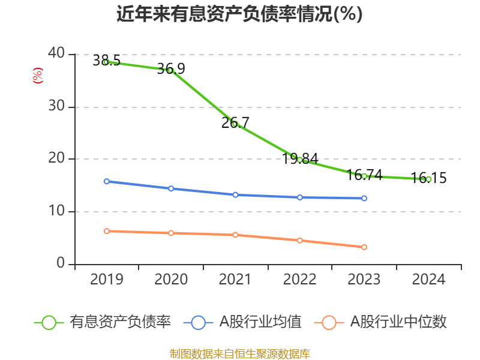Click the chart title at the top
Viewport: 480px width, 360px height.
(x=239, y=14)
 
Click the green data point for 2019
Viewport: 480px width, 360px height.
(x=106, y=62)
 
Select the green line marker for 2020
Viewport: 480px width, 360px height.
(x=170, y=70)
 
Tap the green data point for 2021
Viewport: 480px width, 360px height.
(x=235, y=124)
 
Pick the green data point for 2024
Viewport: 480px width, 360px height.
(x=428, y=179)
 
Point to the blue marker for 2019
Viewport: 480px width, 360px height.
(x=106, y=181)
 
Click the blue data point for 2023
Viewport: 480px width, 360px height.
(x=364, y=198)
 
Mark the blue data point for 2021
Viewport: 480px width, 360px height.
(x=235, y=194)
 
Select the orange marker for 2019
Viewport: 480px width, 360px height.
(x=106, y=231)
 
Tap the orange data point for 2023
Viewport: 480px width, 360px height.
(x=364, y=247)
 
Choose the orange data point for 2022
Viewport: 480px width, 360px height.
(x=299, y=240)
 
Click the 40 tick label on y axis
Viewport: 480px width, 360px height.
(x=57, y=54)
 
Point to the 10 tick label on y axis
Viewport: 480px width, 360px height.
(x=57, y=211)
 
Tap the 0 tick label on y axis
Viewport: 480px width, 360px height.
(x=61, y=263)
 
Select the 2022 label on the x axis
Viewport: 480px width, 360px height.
(x=299, y=280)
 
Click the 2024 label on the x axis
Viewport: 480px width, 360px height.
(x=428, y=280)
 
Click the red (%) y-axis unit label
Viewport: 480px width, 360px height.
(x=38, y=76)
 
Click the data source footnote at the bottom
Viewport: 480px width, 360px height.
(x=239, y=353)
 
